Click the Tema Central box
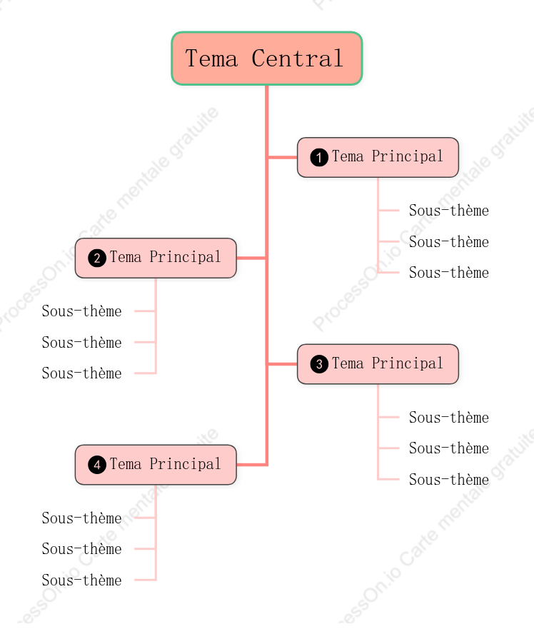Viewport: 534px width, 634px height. [267, 59]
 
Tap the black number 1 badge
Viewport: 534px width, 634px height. [319, 157]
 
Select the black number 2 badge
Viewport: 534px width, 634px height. [97, 258]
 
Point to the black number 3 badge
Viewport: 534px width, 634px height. [319, 364]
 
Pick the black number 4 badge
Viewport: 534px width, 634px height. [97, 465]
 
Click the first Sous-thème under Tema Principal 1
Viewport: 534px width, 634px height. [449, 211]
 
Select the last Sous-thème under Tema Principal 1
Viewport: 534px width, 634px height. [449, 273]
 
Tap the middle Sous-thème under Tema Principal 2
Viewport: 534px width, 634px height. [81, 343]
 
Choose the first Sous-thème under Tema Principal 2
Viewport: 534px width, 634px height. [81, 311]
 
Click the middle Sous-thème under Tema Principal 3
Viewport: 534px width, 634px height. [449, 448]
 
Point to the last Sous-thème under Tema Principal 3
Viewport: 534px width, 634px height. [449, 480]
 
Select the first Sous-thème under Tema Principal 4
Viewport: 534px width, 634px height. [81, 518]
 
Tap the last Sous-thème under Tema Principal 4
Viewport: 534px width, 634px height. [81, 580]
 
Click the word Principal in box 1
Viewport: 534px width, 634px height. [408, 156]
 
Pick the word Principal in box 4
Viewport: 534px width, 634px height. [186, 464]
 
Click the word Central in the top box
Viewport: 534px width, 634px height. [298, 59]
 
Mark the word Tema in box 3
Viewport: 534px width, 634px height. [348, 363]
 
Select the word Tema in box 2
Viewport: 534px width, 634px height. [126, 257]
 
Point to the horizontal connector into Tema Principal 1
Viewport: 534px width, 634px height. [282, 157]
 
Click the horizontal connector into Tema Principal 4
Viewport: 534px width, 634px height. [252, 465]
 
